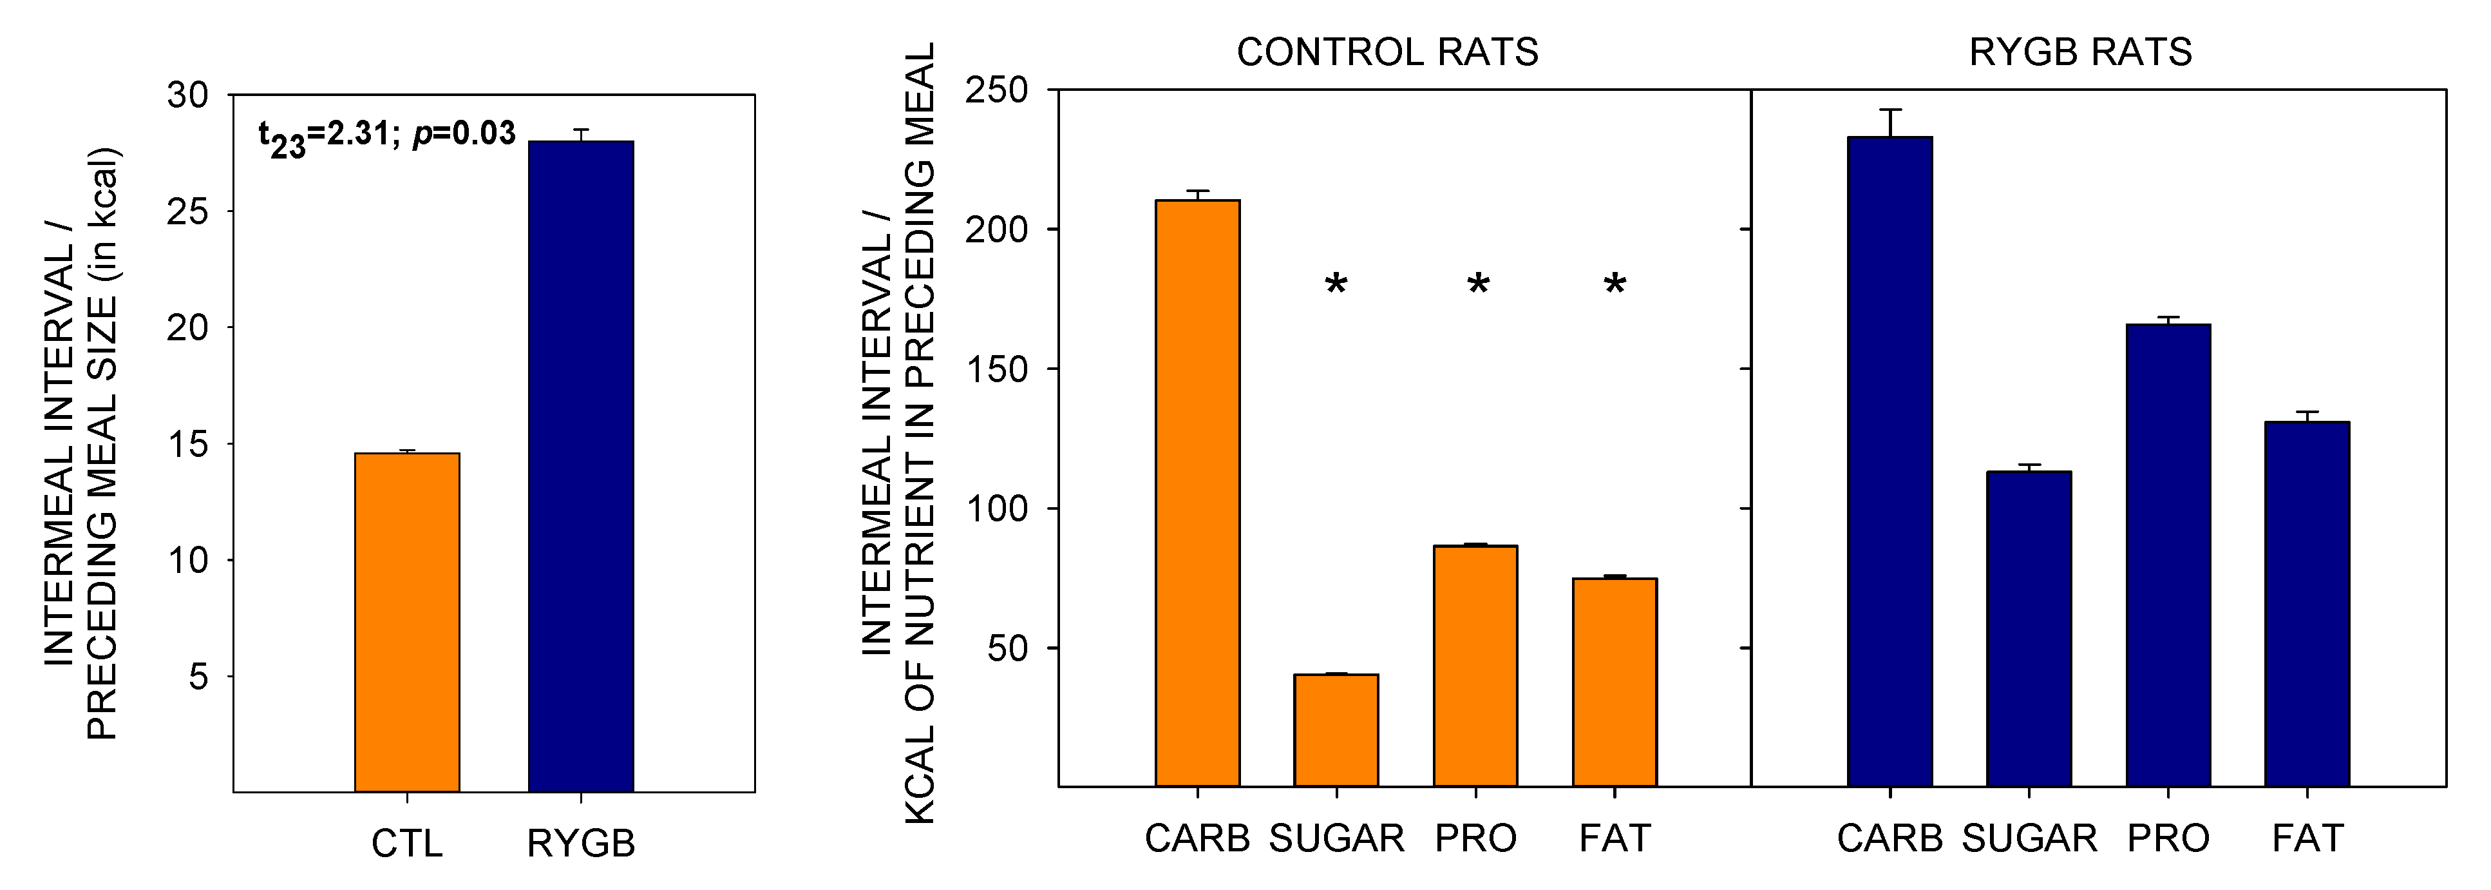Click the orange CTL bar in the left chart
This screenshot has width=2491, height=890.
407,622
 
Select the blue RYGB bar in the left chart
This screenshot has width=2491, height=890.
581,467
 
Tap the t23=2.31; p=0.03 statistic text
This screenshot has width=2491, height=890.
387,135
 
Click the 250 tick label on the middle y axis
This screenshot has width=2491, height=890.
996,90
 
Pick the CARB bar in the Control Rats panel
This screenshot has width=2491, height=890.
1197,494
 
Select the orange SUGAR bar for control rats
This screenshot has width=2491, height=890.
1336,730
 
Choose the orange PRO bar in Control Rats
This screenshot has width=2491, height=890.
1475,666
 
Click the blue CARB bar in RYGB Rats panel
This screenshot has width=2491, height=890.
1890,461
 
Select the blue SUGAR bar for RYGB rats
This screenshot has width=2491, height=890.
2029,629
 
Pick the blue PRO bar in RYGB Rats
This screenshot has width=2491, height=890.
2168,556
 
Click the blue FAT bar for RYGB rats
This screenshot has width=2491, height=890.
2307,604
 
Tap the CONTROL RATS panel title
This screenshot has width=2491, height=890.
1388,52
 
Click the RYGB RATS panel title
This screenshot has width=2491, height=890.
2080,52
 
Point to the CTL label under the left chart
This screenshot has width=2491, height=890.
407,844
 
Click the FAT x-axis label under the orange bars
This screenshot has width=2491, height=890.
1615,838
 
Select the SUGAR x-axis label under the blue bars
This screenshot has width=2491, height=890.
2029,838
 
